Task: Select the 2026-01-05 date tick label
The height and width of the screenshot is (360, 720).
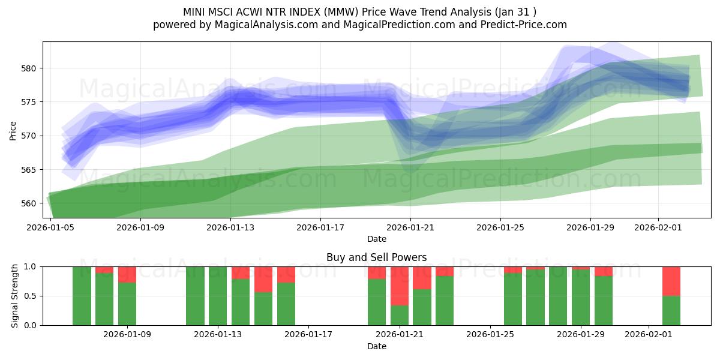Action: [x=50, y=227]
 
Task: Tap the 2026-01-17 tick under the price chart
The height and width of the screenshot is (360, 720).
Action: [x=320, y=227]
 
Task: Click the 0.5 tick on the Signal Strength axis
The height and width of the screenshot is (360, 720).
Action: [x=30, y=296]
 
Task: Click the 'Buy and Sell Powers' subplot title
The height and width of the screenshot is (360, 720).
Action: [x=376, y=257]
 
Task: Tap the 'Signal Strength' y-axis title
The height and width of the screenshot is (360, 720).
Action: [x=15, y=296]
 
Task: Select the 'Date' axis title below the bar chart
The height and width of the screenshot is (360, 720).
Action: [x=376, y=346]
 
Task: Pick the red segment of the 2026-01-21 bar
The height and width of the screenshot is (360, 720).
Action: [x=400, y=286]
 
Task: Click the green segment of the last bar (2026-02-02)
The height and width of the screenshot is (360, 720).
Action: [x=671, y=310]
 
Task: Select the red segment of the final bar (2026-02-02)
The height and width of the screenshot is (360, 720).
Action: [x=671, y=281]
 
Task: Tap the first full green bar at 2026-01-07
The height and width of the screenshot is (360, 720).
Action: [x=82, y=296]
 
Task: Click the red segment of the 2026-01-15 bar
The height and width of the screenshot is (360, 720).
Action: [x=263, y=279]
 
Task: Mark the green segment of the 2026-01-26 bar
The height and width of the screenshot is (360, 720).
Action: [x=513, y=299]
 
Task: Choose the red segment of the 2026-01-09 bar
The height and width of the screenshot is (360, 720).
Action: [x=127, y=274]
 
